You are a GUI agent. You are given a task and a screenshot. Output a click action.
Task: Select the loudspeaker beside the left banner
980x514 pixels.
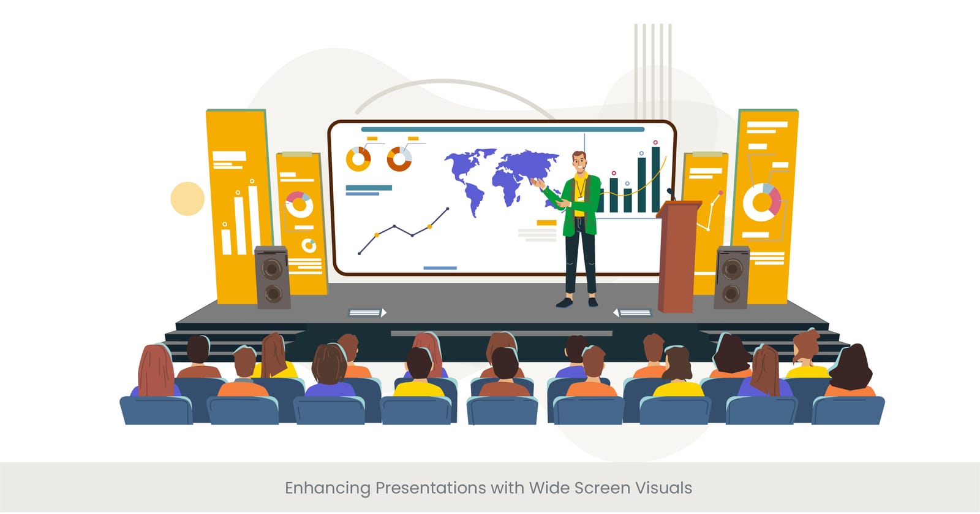[271, 277]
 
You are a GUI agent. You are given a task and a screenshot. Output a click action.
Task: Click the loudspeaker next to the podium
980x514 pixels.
[731, 277]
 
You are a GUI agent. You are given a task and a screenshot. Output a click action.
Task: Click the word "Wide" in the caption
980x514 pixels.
[549, 488]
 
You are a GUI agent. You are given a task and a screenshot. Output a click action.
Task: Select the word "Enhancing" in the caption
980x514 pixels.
[327, 489]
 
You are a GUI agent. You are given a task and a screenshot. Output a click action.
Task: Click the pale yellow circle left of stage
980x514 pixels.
[187, 199]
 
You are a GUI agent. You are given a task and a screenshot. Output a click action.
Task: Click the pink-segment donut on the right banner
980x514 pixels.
[762, 202]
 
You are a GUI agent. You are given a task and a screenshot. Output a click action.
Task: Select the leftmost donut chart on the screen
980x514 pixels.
[358, 159]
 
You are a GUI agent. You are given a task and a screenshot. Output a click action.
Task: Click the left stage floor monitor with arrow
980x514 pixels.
[367, 313]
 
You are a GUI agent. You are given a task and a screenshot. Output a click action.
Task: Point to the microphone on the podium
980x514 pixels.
[671, 194]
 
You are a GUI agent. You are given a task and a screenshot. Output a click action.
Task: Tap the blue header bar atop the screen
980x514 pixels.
[502, 129]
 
